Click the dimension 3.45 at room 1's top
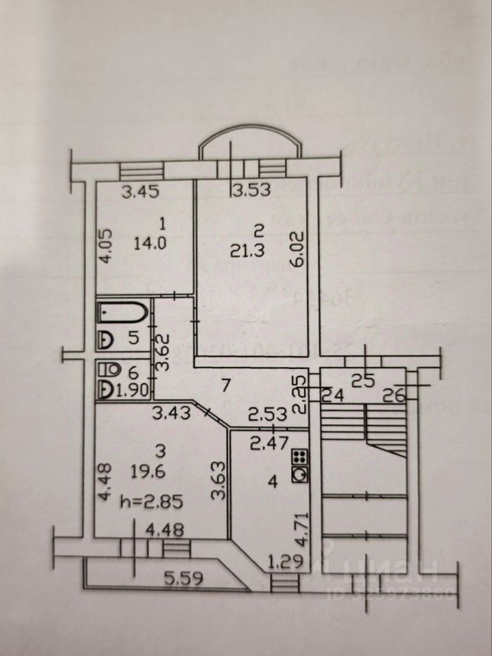(x=141, y=192)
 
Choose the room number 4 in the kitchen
(x=273, y=482)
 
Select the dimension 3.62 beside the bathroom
(x=162, y=351)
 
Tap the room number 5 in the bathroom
(x=135, y=337)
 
